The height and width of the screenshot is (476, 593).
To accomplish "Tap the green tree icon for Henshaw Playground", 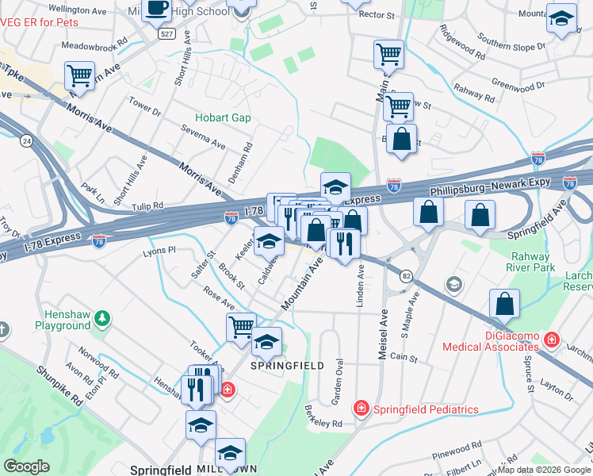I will (101, 319).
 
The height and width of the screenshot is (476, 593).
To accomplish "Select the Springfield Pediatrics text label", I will (426, 409).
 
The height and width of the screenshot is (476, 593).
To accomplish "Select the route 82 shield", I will (407, 275).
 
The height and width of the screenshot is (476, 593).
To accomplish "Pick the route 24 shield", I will (26, 140).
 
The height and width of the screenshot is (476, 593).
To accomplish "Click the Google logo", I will (26, 466).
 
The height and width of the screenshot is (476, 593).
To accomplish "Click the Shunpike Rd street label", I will (59, 386).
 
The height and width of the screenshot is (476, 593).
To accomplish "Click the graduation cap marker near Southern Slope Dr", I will (561, 18).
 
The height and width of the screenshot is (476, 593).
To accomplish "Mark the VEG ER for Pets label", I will (40, 22).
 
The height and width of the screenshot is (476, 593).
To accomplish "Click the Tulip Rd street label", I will (147, 205).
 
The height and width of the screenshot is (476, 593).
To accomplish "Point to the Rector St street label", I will (376, 15).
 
